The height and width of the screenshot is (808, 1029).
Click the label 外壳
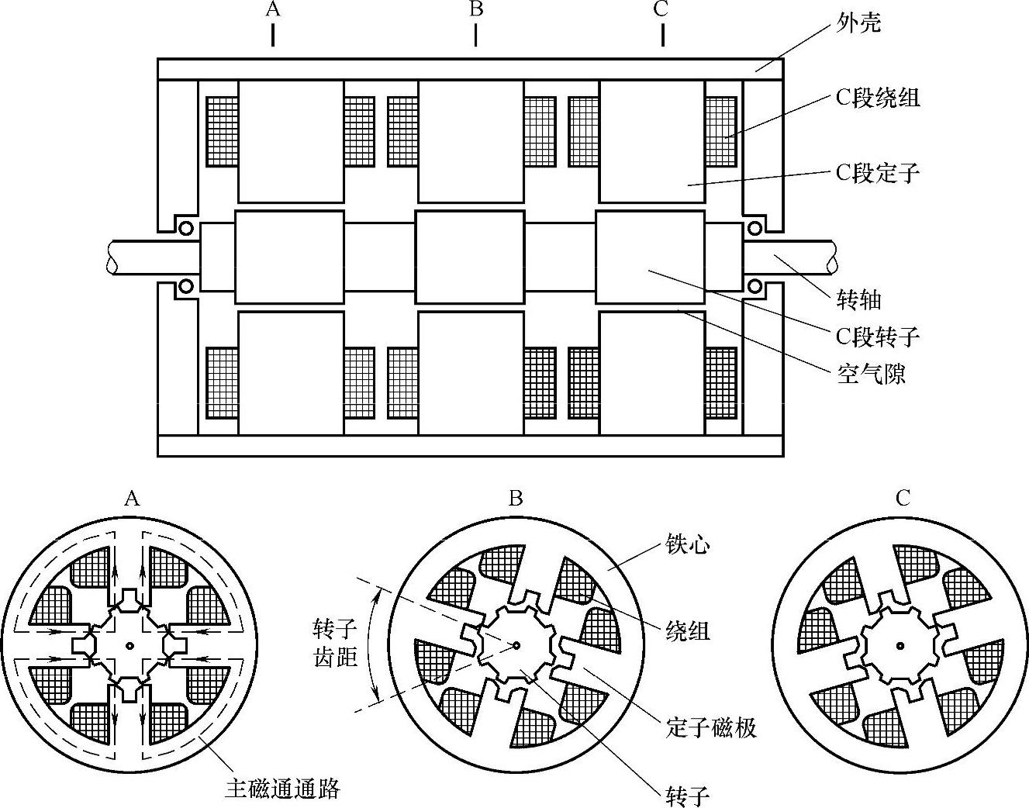point(859,22)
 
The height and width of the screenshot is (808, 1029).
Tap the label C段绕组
point(877,98)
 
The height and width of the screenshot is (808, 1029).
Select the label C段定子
point(877,172)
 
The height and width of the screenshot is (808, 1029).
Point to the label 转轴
point(859,299)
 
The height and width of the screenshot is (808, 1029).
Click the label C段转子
point(877,336)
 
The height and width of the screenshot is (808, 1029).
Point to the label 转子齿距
point(335,641)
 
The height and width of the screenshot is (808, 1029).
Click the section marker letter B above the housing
point(476,9)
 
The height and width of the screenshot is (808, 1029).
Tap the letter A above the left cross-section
point(132,499)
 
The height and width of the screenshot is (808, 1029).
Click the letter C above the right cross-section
point(902,499)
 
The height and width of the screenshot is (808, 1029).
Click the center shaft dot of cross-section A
point(129,644)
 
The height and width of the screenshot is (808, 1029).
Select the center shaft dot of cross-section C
point(900,644)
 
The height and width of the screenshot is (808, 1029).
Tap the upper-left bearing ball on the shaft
point(186,228)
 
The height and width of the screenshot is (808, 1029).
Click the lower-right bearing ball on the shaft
point(754,287)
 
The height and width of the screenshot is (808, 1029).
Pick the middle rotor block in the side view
point(470,257)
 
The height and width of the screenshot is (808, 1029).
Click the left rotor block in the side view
point(289,257)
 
